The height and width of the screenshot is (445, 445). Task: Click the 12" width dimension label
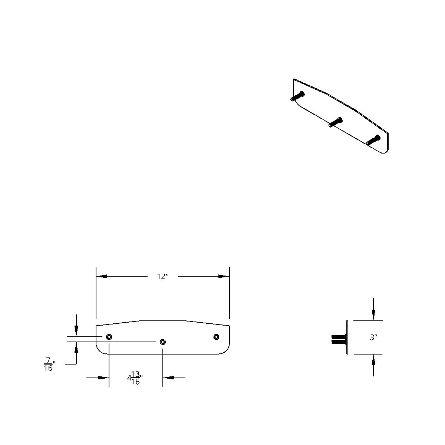click(162, 277)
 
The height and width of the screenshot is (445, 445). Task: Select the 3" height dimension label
click(373, 337)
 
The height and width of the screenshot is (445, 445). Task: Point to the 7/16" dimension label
click(49, 364)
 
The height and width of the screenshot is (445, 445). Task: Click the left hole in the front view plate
click(109, 337)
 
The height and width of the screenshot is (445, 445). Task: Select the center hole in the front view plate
click(162, 342)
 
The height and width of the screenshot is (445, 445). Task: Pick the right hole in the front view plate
click(216, 337)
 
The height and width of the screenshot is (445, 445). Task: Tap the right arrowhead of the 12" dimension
click(224, 276)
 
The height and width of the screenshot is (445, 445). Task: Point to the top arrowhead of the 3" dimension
click(373, 315)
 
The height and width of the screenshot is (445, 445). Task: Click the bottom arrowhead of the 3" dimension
click(373, 360)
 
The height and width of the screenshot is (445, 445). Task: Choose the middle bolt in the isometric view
click(335, 122)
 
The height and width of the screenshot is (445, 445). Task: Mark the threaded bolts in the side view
click(338, 339)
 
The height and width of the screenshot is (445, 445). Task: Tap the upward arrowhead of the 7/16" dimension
click(76, 347)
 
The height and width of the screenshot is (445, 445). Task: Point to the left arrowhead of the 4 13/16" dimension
click(103, 378)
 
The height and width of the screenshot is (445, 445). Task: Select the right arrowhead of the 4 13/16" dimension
click(168, 378)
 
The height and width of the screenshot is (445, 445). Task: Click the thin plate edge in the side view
click(347, 337)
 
